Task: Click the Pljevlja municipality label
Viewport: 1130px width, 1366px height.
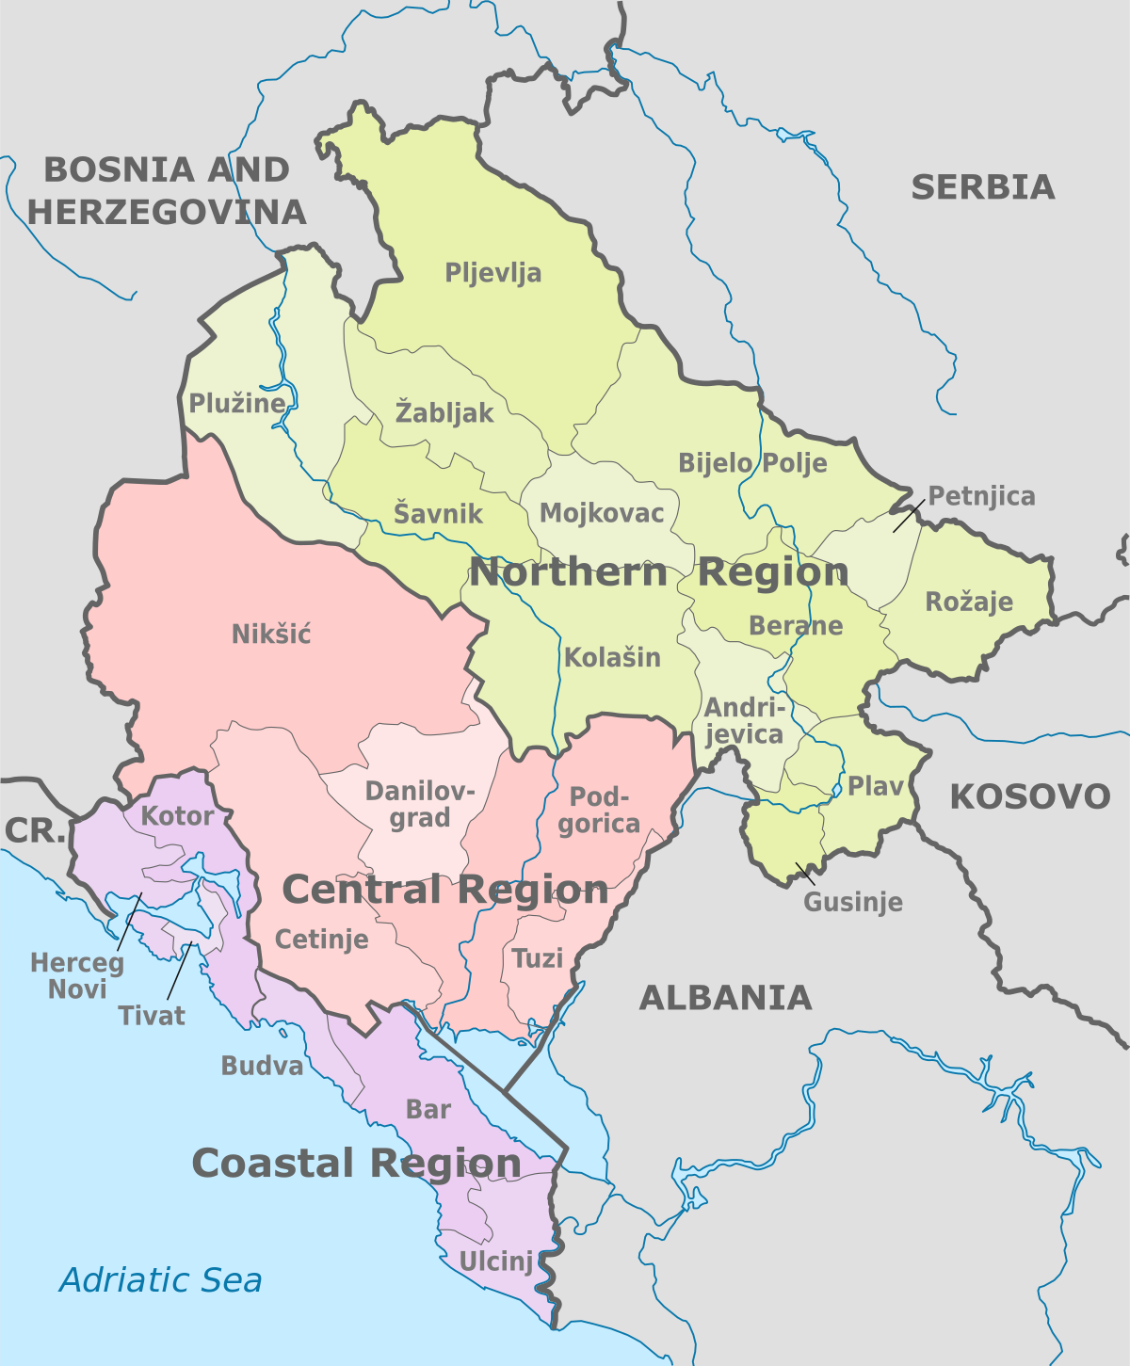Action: (x=493, y=274)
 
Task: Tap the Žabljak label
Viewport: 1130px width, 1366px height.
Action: (x=444, y=412)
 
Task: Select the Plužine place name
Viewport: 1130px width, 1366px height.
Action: (x=237, y=404)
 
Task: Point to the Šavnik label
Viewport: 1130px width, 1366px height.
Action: (x=438, y=514)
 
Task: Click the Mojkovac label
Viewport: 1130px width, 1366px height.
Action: (x=602, y=513)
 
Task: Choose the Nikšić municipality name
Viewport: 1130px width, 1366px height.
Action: (x=271, y=635)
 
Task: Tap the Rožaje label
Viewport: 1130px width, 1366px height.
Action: (x=969, y=603)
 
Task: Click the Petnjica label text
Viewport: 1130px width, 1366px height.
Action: (x=981, y=496)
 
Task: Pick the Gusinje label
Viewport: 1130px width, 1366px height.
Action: (x=853, y=902)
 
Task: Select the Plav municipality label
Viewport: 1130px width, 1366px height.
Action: (x=876, y=786)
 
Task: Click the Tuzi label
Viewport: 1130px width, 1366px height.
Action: (x=538, y=959)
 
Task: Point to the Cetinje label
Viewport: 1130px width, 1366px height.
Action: (x=322, y=940)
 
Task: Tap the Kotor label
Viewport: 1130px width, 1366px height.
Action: (x=178, y=816)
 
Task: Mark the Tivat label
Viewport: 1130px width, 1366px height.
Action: (x=152, y=1016)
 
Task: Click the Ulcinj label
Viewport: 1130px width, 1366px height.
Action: (x=496, y=1262)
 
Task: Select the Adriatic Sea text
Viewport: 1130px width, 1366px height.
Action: (x=161, y=1280)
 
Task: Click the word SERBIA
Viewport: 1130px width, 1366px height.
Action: (x=982, y=187)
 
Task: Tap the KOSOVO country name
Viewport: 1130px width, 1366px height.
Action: (x=1030, y=797)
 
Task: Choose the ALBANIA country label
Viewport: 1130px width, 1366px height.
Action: (x=725, y=998)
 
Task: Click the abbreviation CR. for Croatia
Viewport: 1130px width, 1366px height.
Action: (x=35, y=831)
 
